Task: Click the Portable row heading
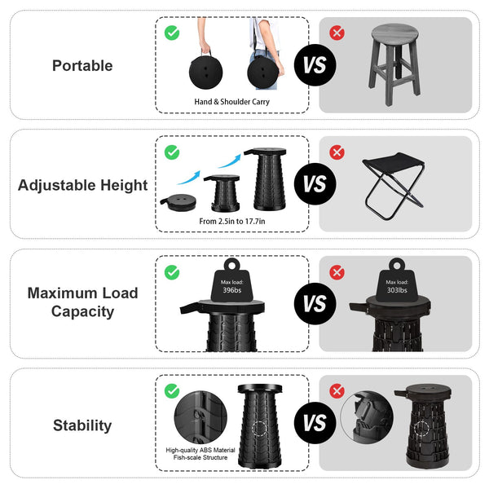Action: (82, 65)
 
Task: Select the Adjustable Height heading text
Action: (82, 185)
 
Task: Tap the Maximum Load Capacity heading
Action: (82, 302)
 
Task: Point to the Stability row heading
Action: (82, 425)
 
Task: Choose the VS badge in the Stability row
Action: (314, 424)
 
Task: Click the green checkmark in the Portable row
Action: (172, 33)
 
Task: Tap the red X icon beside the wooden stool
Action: (336, 33)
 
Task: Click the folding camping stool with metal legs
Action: (393, 183)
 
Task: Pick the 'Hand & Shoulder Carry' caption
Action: (231, 102)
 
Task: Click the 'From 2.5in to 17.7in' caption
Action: (231, 221)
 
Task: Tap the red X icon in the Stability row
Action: (336, 391)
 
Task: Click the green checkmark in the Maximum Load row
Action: (172, 272)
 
